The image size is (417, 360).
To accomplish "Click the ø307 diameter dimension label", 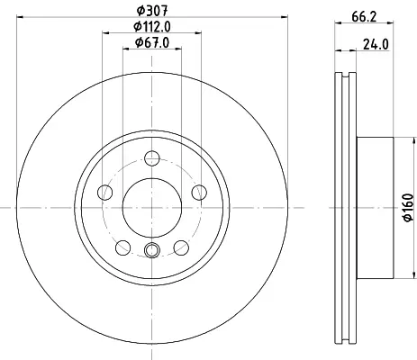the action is click(x=152, y=11).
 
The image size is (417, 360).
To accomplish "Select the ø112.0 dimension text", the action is click(x=152, y=27).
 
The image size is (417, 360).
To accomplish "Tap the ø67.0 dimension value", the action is click(x=152, y=42).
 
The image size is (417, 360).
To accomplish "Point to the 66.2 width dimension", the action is click(x=364, y=17).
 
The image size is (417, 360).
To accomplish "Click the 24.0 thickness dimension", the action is click(x=376, y=45).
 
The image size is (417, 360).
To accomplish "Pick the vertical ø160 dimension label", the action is click(x=408, y=208).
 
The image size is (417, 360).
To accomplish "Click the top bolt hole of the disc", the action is click(x=152, y=158).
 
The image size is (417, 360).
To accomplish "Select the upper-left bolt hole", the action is click(x=105, y=193).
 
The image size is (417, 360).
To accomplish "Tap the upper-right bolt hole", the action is click(x=199, y=193).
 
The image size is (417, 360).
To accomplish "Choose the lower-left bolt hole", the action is click(x=123, y=247).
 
